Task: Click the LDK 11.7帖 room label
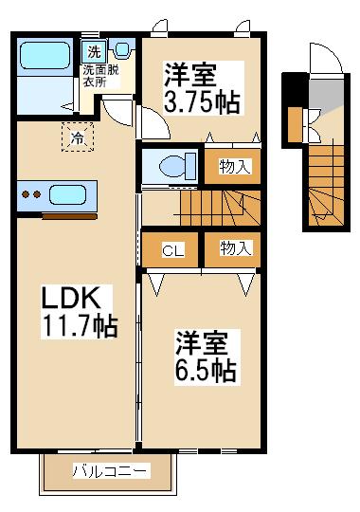pos(79,312)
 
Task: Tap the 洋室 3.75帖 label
pos(202,88)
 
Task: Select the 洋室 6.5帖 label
pos(207,357)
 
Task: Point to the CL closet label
pos(173,250)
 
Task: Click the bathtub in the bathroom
pos(45,56)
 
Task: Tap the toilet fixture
pos(177,166)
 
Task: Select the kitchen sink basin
pos(68,194)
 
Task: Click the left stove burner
pos(26,194)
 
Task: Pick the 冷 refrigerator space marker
pos(78,137)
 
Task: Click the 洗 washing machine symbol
pos(94,51)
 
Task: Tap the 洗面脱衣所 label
pos(100,76)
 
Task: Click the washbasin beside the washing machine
pos(122,49)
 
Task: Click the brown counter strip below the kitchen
pos(69,216)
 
